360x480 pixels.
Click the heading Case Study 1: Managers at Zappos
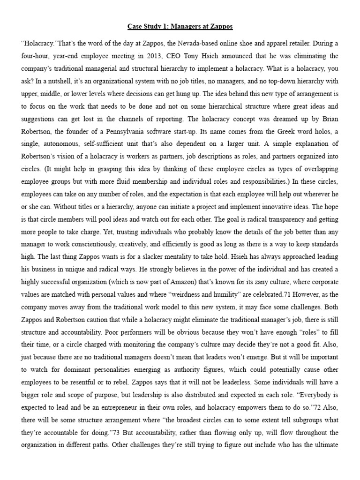coord(180,27)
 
